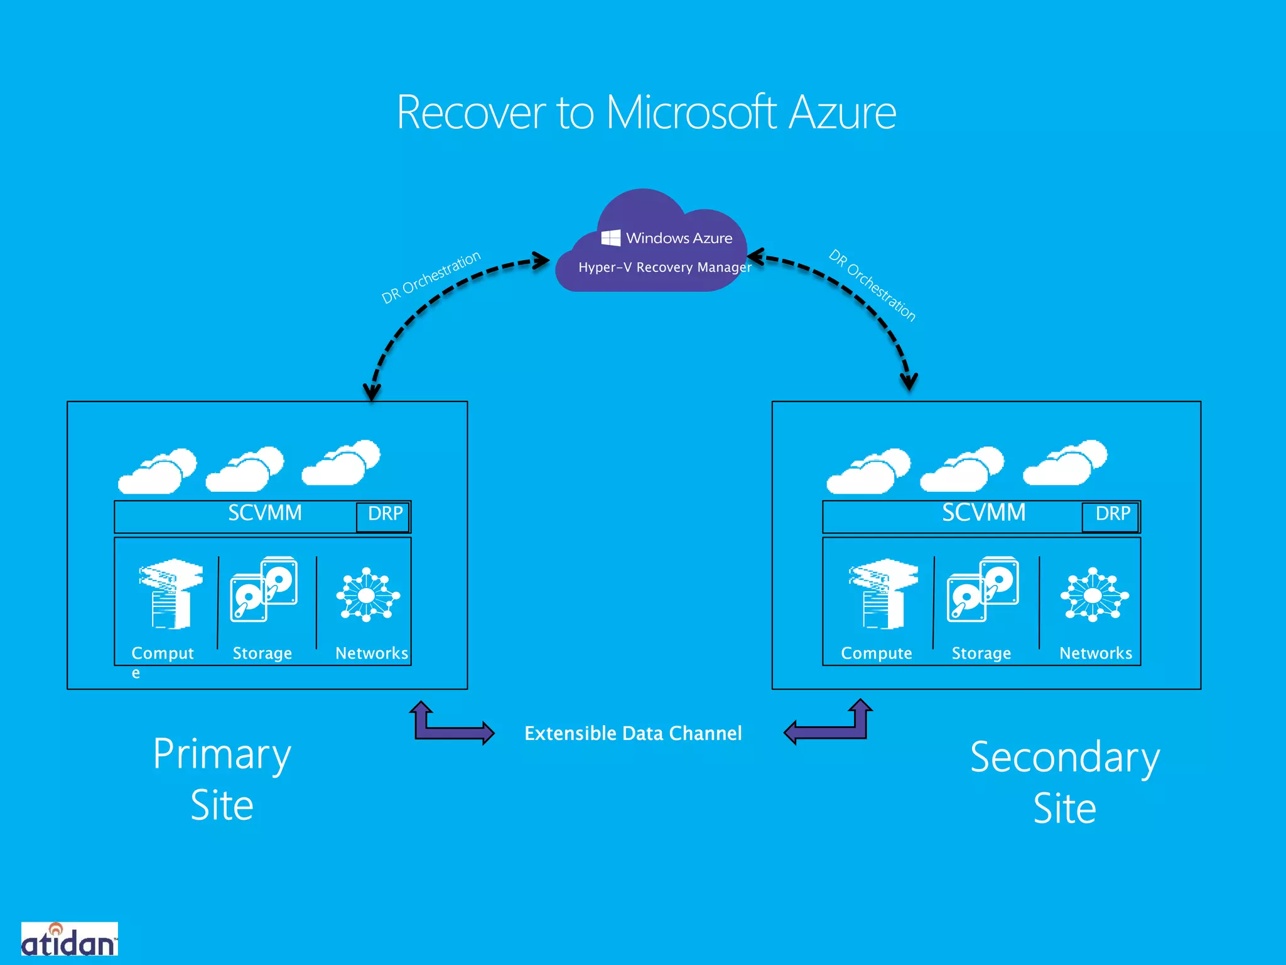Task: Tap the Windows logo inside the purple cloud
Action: coord(610,237)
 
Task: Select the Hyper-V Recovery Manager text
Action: coord(664,268)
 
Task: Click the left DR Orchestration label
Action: coord(431,277)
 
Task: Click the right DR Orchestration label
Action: coord(872,285)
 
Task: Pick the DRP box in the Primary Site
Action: coord(384,515)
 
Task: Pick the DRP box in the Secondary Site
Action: coord(1111,515)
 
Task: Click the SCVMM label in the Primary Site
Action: coord(264,513)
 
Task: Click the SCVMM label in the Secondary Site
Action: coord(983,513)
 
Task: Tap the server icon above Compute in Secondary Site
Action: coord(883,593)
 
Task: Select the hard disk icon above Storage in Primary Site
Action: coord(264,589)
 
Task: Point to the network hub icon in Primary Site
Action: coord(368,594)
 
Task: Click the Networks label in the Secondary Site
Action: coord(1095,653)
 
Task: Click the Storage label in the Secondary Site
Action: coord(981,653)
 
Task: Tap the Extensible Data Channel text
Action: coord(633,733)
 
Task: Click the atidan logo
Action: coord(69,940)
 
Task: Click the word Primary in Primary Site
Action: coord(222,755)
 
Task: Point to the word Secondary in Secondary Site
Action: coord(1064,758)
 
